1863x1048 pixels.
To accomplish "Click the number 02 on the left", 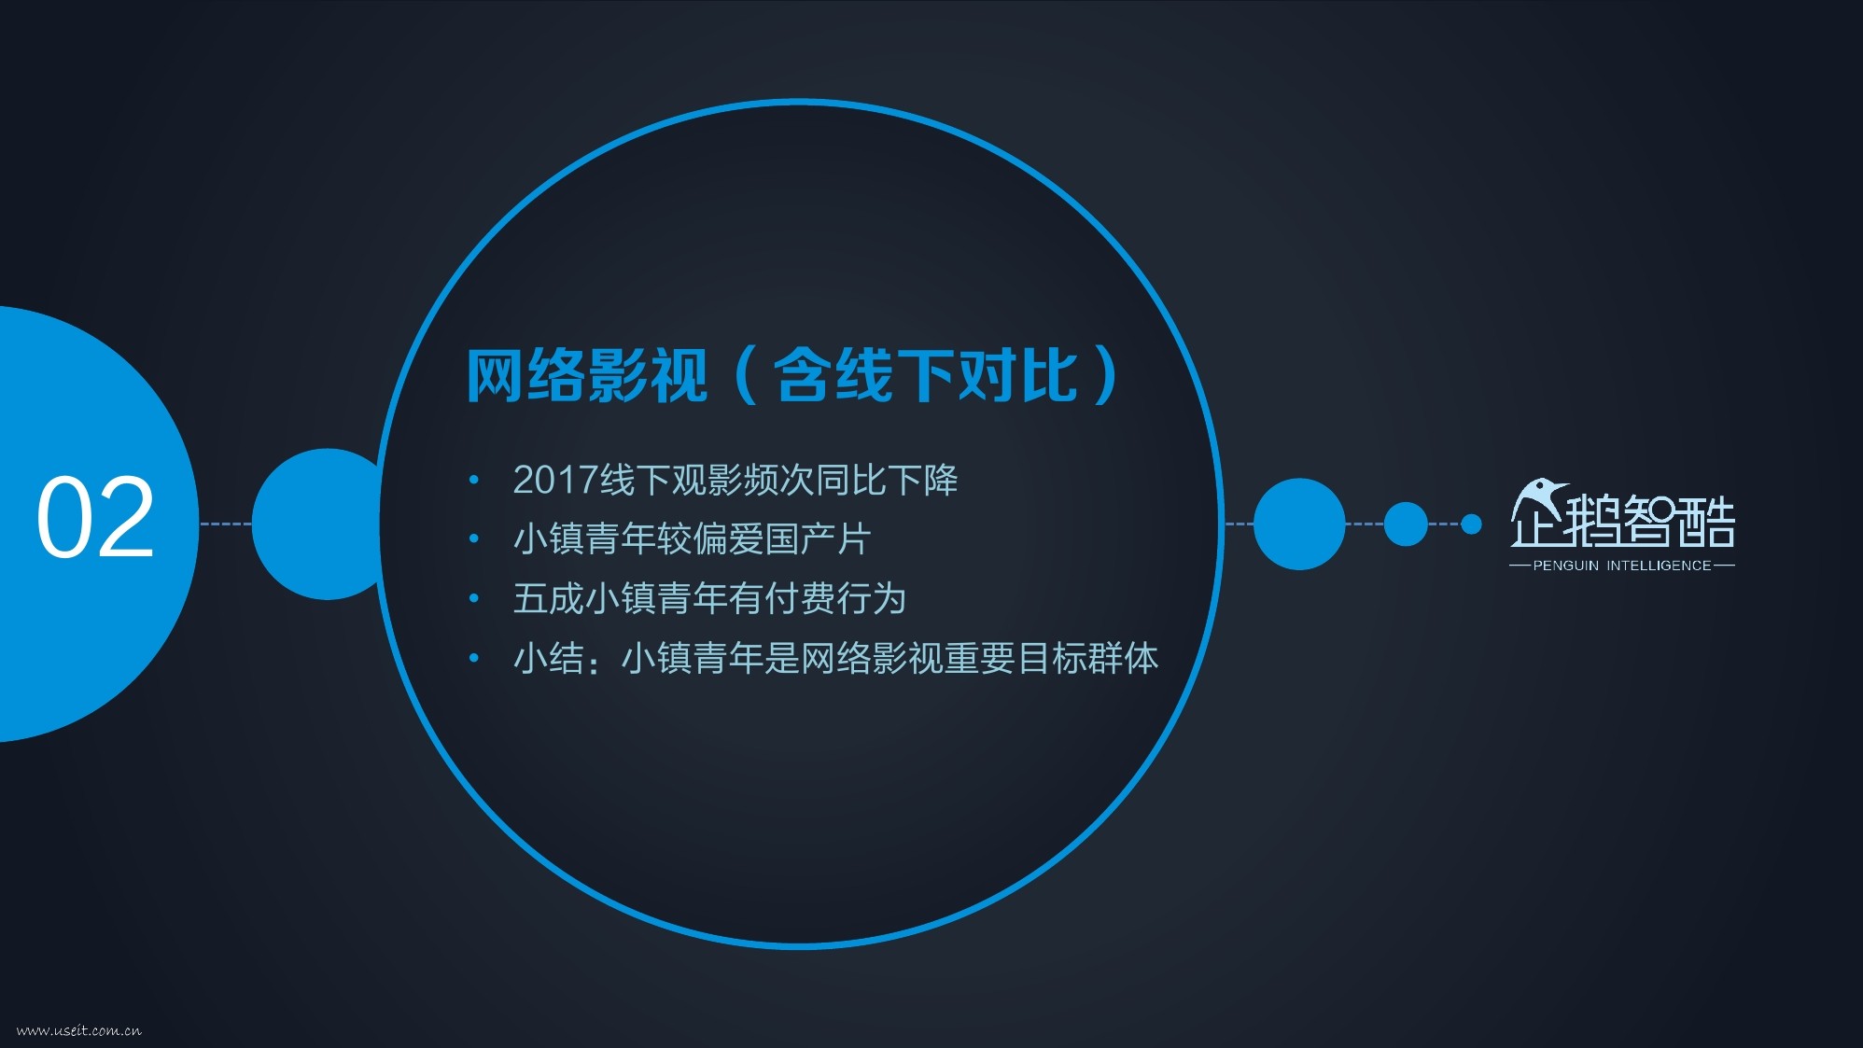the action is [95, 518].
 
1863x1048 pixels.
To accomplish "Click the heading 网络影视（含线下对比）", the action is [792, 375].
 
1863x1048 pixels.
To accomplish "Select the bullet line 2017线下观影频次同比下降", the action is [735, 480].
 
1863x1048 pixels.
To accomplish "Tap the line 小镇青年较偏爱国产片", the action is [692, 539].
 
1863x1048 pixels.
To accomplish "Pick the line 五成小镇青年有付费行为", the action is [709, 598].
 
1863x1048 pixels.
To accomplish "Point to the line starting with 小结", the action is [835, 658].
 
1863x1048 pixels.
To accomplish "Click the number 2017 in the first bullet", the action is [555, 481].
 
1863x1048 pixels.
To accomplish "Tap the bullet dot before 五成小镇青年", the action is [474, 598].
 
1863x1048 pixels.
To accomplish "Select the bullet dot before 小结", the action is [474, 658].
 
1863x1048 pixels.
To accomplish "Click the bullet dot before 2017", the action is [474, 480].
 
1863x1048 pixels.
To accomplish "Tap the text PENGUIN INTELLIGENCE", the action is [1622, 566].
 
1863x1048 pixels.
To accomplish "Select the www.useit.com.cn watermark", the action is [79, 1030].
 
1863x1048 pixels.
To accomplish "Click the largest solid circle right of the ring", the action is [1299, 524].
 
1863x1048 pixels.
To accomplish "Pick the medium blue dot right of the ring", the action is [1406, 524].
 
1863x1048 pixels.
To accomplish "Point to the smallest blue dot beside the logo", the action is [1471, 524].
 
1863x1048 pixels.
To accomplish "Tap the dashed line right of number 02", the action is [226, 524].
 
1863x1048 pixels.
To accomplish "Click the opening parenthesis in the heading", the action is [746, 375].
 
